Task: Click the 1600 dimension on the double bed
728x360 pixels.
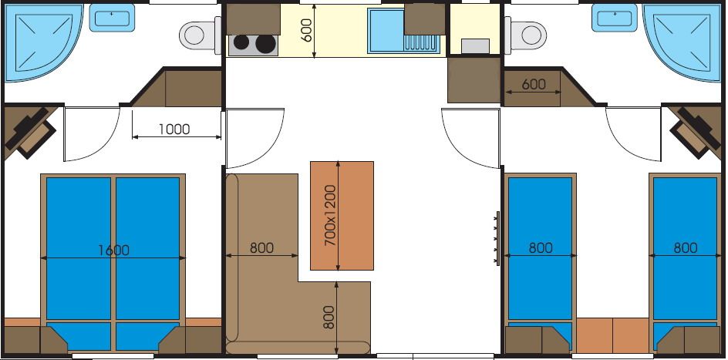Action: coord(114,251)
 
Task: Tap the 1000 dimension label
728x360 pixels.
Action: coord(174,130)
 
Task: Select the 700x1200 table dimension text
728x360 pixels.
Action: coord(330,215)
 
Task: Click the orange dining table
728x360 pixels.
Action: coord(342,216)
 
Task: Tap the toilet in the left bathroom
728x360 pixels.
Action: coord(200,35)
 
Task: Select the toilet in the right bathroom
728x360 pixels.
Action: coord(526,35)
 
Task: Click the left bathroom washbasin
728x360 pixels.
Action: coord(112,18)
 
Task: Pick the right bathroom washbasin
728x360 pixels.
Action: coord(615,18)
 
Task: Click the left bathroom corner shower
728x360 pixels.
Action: coord(42,42)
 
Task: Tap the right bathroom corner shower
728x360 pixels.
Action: coord(682,42)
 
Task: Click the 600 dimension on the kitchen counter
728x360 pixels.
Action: coord(308,31)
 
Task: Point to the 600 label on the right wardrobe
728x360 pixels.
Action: coord(534,85)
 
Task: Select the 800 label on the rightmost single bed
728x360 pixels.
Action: coord(686,247)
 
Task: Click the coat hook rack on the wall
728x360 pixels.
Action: coord(497,238)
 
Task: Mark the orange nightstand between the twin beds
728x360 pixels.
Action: coord(612,335)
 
